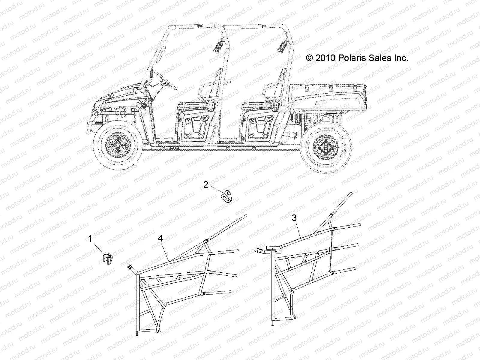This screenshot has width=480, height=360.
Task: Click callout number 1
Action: (x=90, y=239)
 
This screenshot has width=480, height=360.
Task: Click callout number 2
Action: (x=206, y=184)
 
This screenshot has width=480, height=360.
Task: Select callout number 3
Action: (x=294, y=218)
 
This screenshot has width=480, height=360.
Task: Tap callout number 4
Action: (x=160, y=238)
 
